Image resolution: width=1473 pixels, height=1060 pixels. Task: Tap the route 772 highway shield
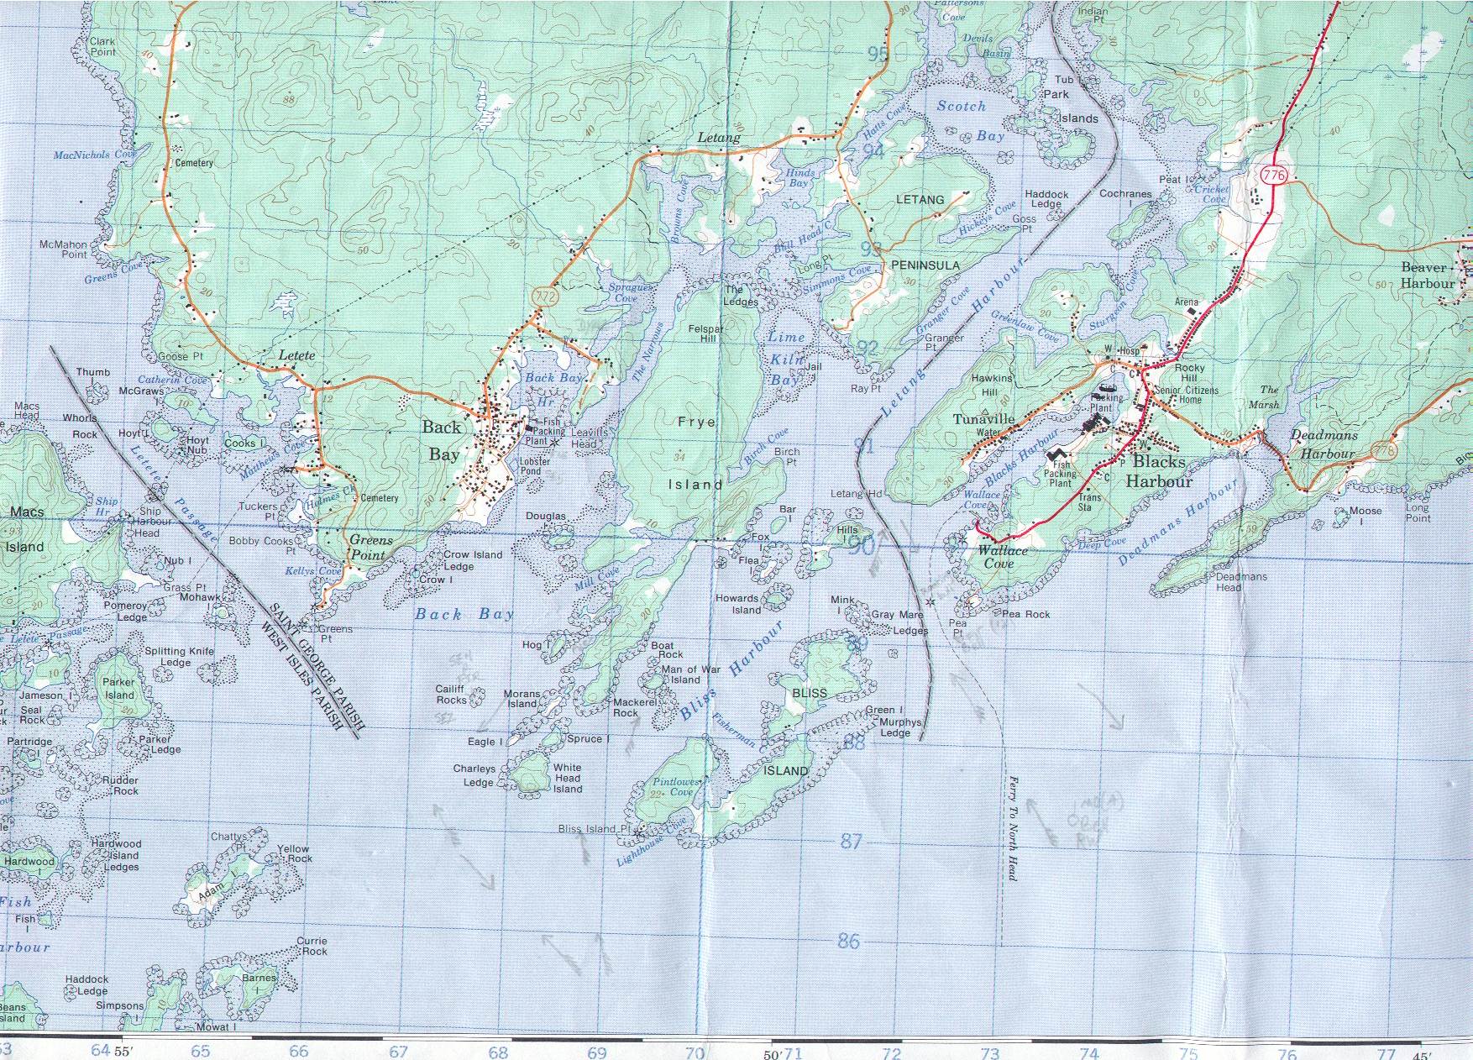545,296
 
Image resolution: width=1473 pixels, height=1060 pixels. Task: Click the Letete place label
297,355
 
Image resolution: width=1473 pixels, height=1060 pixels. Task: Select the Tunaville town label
984,419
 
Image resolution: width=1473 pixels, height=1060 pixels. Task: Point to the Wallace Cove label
1002,557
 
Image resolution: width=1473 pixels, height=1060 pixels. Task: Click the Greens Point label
370,548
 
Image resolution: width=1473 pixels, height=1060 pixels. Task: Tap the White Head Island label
568,778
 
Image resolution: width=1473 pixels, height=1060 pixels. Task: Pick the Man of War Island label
690,674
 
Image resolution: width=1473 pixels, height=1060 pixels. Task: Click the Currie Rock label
313,946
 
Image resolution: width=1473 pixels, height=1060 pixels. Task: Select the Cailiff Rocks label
451,694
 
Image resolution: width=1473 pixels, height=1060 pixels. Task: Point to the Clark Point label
102,46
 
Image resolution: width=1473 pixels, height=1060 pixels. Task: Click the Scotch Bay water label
971,120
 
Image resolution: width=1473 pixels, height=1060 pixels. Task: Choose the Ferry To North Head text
1013,827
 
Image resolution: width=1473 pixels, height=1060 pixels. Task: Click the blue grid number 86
849,940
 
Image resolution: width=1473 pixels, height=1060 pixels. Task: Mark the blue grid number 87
852,841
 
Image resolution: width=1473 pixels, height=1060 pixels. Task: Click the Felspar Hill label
706,333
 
